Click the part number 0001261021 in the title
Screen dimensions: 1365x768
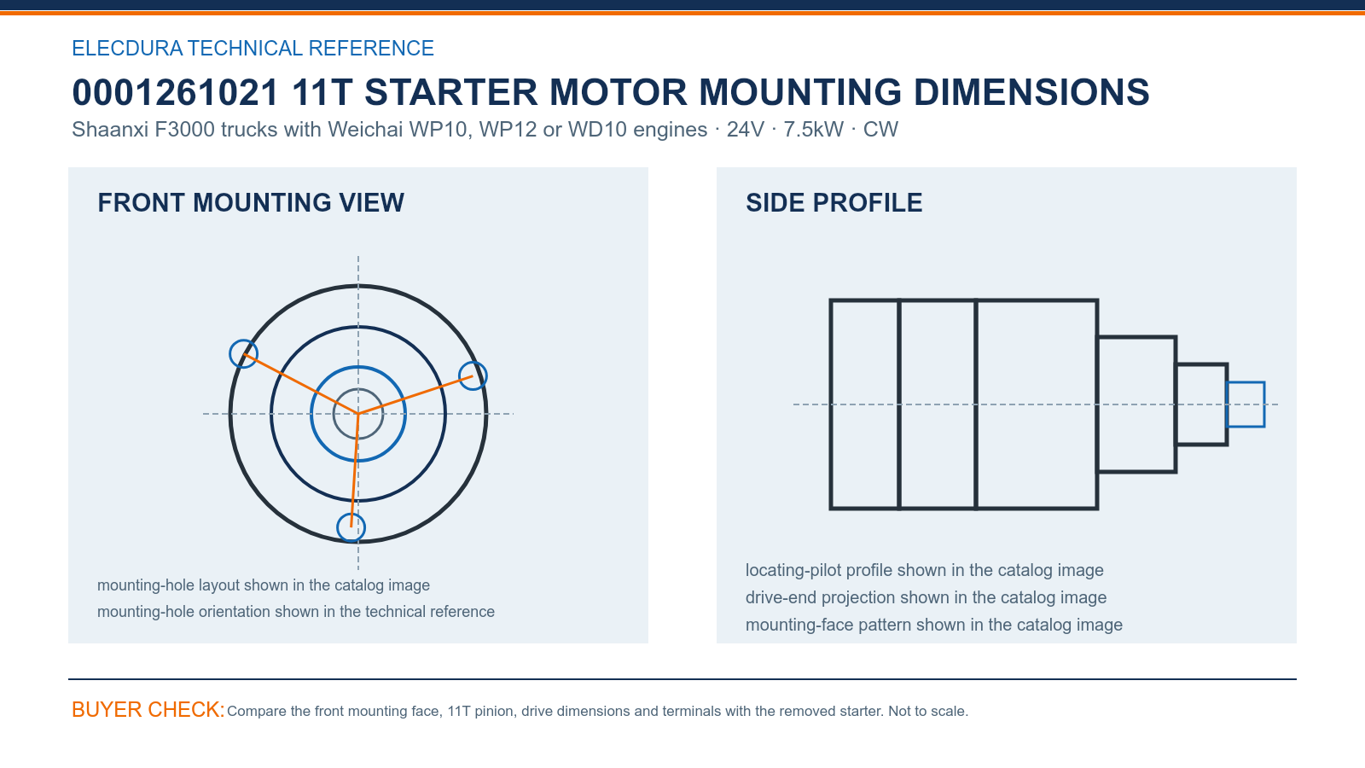[175, 93]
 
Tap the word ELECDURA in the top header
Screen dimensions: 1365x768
[127, 48]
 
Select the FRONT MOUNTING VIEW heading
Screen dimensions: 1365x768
[251, 203]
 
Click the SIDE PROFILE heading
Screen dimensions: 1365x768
[834, 203]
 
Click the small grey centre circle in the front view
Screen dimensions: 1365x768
[358, 389]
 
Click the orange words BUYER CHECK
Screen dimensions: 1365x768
[148, 710]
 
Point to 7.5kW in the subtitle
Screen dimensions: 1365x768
[814, 130]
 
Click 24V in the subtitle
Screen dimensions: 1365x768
[745, 130]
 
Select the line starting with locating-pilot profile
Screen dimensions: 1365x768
[925, 570]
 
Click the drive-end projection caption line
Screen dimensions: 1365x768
[926, 597]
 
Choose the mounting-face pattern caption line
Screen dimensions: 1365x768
[934, 625]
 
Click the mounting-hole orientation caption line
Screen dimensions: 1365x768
[295, 611]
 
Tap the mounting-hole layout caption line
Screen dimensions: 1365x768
[264, 585]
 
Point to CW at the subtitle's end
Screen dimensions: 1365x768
[880, 130]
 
